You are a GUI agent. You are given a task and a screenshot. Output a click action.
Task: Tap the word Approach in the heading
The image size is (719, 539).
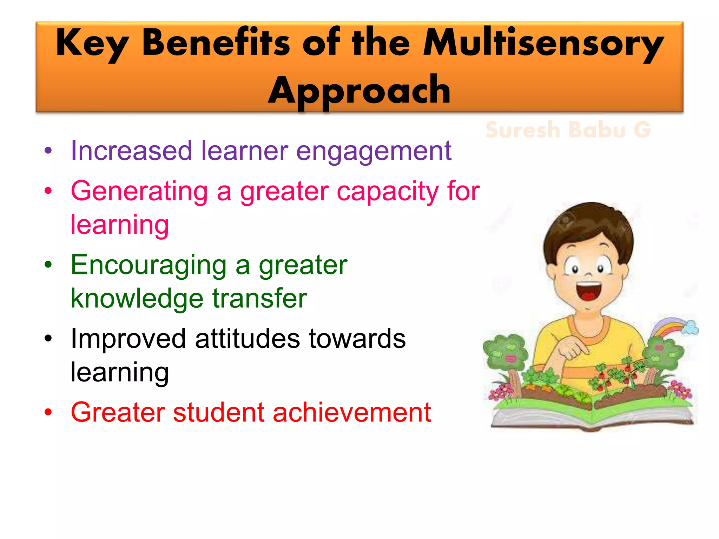tap(359, 91)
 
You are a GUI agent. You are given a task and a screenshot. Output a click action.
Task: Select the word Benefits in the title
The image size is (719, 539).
tap(216, 43)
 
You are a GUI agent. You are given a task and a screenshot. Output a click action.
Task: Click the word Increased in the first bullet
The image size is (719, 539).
tap(131, 151)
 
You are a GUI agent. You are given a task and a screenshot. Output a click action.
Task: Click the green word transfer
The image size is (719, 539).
tap(259, 298)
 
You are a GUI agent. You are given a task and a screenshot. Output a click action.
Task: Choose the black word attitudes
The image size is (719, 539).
tap(247, 339)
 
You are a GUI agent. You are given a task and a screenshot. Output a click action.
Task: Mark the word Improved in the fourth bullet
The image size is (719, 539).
tap(128, 339)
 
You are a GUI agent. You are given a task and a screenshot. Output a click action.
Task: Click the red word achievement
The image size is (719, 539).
tap(351, 412)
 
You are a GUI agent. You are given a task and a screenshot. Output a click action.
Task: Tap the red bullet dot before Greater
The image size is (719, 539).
tap(48, 412)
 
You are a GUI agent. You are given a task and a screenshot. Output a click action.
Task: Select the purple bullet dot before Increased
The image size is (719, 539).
tap(48, 151)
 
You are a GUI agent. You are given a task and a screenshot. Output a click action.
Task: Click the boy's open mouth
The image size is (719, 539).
tap(589, 291)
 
